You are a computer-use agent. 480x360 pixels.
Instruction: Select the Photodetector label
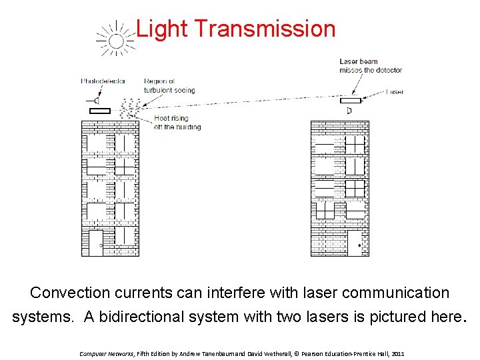tap(103, 81)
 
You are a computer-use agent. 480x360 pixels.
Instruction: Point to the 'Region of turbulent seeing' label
tap(169, 86)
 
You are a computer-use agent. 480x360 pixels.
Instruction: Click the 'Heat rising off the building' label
tap(177, 123)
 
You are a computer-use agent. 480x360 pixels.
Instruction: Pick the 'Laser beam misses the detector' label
tap(371, 66)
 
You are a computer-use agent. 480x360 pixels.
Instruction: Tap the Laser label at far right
tap(395, 92)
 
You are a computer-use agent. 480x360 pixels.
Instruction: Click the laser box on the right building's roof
tap(350, 101)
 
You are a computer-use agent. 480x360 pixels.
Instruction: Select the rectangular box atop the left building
tap(99, 111)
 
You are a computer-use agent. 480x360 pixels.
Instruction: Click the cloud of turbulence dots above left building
tap(130, 107)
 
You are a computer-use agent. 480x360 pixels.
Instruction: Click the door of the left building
tap(96, 243)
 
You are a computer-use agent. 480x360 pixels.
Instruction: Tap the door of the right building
tap(354, 243)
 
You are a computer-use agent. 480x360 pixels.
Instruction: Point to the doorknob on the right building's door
tap(360, 246)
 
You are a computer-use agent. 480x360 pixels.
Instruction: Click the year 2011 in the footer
tap(398, 353)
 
